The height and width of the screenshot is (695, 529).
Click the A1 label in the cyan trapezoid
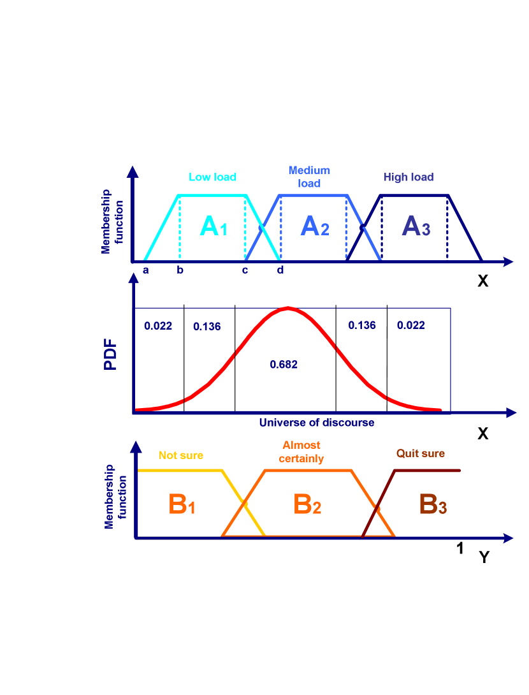click(214, 226)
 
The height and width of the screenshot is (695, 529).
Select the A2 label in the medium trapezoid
click(314, 226)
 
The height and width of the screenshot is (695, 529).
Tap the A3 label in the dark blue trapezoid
click(416, 226)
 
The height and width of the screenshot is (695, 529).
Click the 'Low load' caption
click(212, 177)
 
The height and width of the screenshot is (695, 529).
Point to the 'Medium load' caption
click(309, 177)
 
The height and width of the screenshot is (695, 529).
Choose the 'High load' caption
click(409, 177)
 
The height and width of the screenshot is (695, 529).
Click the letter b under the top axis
click(180, 270)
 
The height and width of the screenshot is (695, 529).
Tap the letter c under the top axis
click(245, 270)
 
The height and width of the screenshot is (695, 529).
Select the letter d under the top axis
click(280, 270)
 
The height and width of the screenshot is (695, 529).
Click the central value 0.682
click(284, 365)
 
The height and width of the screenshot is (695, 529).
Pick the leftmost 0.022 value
click(158, 326)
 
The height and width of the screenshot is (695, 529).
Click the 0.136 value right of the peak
click(362, 325)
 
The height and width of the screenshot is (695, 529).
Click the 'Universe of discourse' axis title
click(317, 423)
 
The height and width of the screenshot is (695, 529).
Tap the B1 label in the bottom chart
click(182, 505)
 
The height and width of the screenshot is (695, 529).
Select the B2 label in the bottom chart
click(307, 505)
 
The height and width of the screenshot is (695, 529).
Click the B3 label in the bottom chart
click(433, 505)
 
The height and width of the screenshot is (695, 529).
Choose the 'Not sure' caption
click(181, 455)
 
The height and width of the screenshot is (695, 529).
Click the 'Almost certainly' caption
click(301, 452)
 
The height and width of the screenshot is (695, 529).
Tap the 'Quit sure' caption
click(421, 454)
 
